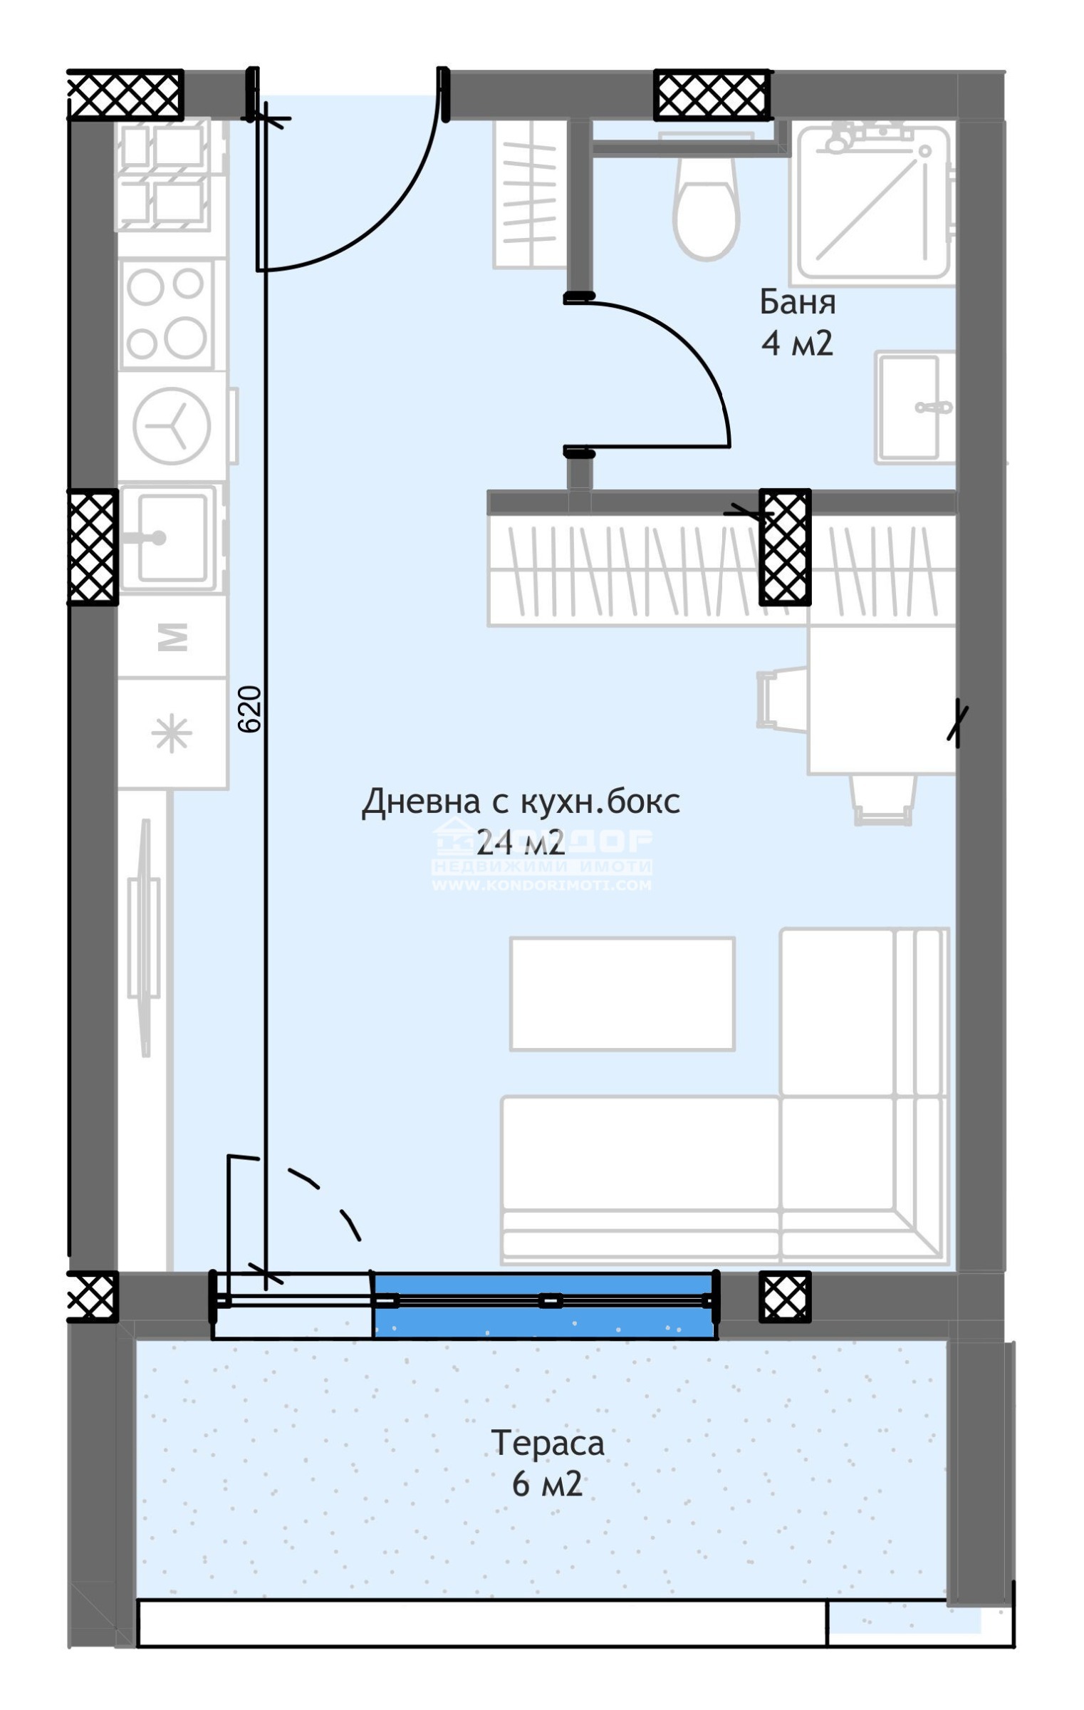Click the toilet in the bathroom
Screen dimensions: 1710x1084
[x=706, y=207]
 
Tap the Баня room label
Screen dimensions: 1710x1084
[x=797, y=302]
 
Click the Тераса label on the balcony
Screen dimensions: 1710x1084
[x=547, y=1444]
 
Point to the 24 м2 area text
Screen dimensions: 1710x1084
[x=520, y=843]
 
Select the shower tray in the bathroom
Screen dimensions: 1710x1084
[x=873, y=203]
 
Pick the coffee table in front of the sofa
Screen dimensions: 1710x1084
[x=622, y=993]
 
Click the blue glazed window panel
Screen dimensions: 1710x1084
[x=543, y=1304]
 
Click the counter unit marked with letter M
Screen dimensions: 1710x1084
[x=172, y=636]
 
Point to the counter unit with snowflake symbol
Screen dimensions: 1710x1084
[x=172, y=734]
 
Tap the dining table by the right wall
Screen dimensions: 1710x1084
[x=880, y=701]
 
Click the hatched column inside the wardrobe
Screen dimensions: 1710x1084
[x=784, y=546]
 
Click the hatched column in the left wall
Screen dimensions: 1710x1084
[x=93, y=546]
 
